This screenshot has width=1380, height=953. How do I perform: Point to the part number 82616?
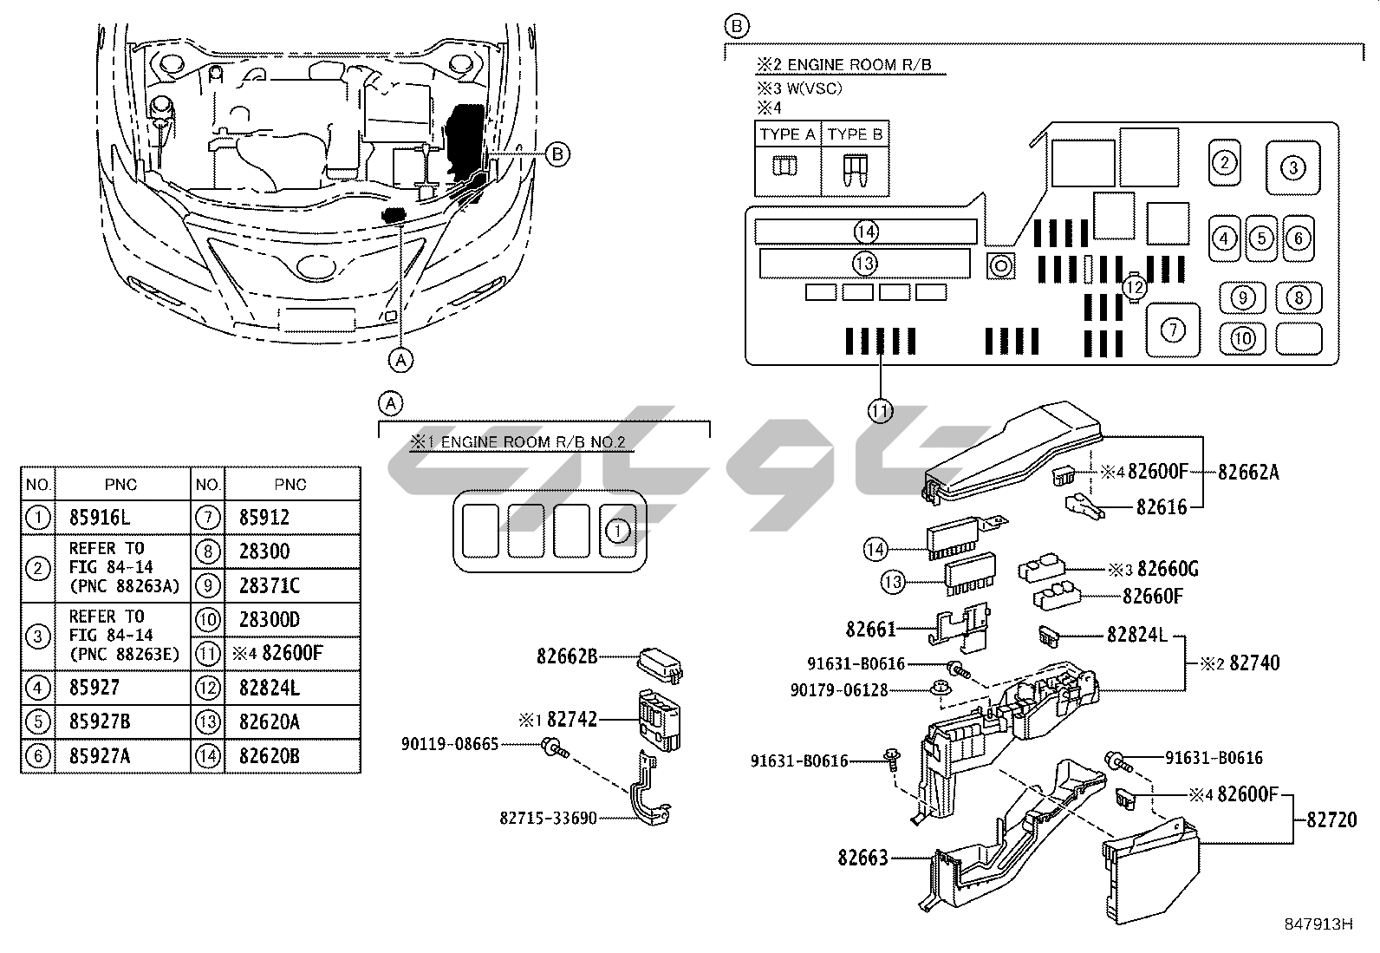click(1162, 507)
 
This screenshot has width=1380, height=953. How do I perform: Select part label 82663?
click(862, 858)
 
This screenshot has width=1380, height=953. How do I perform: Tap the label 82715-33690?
click(548, 818)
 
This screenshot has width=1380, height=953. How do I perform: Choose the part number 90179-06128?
click(838, 690)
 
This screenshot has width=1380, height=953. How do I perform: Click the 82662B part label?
click(567, 656)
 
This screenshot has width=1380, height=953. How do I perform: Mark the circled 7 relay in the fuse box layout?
click(1173, 330)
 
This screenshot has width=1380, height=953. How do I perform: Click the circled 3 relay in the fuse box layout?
click(1292, 167)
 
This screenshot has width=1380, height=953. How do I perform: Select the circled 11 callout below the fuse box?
click(881, 410)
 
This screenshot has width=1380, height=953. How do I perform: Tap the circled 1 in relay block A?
click(617, 529)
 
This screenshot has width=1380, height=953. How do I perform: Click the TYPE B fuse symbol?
click(854, 169)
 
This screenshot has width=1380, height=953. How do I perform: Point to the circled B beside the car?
click(557, 154)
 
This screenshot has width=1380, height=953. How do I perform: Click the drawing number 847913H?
click(1318, 924)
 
